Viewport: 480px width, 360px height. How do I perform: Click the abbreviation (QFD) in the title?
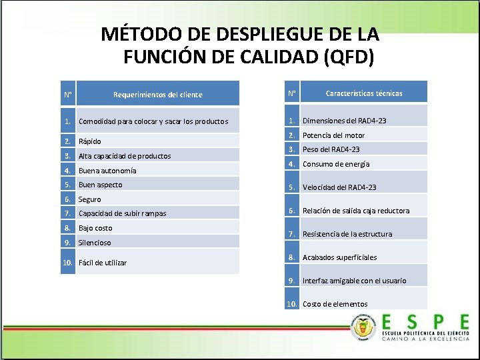click(347, 57)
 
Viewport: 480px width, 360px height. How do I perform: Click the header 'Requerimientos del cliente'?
click(157, 95)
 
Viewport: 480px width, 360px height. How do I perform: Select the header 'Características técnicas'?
click(363, 93)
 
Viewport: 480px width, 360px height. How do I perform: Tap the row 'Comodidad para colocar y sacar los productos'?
click(153, 121)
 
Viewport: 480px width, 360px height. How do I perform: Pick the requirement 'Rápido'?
click(90, 141)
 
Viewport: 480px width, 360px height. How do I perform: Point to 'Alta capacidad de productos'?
click(125, 156)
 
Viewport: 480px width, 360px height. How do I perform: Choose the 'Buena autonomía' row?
click(107, 171)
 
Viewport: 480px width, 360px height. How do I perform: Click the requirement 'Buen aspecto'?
click(101, 185)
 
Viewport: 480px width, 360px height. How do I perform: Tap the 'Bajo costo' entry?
click(95, 228)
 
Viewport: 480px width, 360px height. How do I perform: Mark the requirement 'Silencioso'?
click(95, 243)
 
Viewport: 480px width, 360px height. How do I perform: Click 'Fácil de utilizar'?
click(103, 263)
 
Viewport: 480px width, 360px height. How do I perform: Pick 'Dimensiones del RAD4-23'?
click(344, 121)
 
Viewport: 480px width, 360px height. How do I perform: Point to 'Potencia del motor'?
click(333, 135)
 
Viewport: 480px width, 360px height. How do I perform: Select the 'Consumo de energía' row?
click(336, 164)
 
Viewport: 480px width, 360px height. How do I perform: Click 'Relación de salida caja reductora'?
click(356, 211)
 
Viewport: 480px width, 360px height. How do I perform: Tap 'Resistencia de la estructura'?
click(347, 234)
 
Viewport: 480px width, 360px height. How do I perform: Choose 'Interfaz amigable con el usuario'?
click(354, 281)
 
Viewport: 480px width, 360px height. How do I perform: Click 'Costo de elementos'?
click(335, 304)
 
